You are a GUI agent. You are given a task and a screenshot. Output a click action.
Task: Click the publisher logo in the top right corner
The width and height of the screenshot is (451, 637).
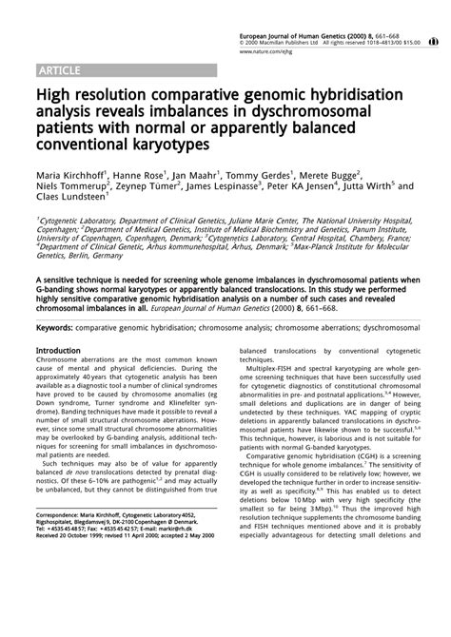click(433, 42)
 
